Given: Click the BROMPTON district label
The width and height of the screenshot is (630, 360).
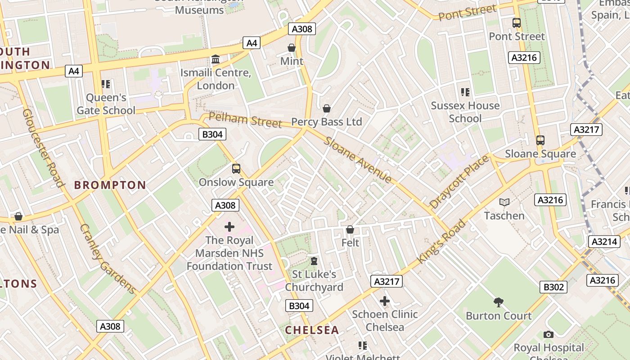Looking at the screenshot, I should click(110, 185).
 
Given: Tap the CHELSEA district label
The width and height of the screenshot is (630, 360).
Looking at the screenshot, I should click(312, 330).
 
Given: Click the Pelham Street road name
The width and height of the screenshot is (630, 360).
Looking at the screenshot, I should click(245, 120).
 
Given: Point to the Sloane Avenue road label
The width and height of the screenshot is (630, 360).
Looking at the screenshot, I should click(358, 159).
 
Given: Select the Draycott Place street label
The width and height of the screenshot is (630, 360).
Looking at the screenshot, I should click(459, 181).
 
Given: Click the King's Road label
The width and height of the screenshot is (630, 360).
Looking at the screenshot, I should click(441, 242).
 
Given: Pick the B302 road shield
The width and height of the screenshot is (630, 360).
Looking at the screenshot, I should click(553, 287).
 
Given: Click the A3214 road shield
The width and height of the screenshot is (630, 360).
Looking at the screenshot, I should click(604, 242).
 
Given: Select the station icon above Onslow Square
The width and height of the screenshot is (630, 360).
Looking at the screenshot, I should click(236, 169).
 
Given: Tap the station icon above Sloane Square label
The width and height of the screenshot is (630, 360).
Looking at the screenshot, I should click(540, 140).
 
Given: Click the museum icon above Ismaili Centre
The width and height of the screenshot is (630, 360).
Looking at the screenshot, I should click(216, 59).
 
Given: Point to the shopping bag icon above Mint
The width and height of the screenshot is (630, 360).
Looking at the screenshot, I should click(292, 48).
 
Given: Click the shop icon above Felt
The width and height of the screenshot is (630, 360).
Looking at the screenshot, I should click(350, 229).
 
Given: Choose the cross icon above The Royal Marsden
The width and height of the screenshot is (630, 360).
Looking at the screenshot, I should click(229, 227).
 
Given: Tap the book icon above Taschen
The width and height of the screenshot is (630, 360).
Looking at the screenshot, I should click(504, 202).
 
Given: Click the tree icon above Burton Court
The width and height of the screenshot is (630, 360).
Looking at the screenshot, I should click(498, 302).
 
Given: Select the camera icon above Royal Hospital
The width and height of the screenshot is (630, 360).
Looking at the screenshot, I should click(548, 334).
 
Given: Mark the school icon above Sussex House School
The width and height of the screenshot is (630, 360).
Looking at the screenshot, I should click(465, 92).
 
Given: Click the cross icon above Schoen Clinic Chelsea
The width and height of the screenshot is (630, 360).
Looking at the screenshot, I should click(385, 301).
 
